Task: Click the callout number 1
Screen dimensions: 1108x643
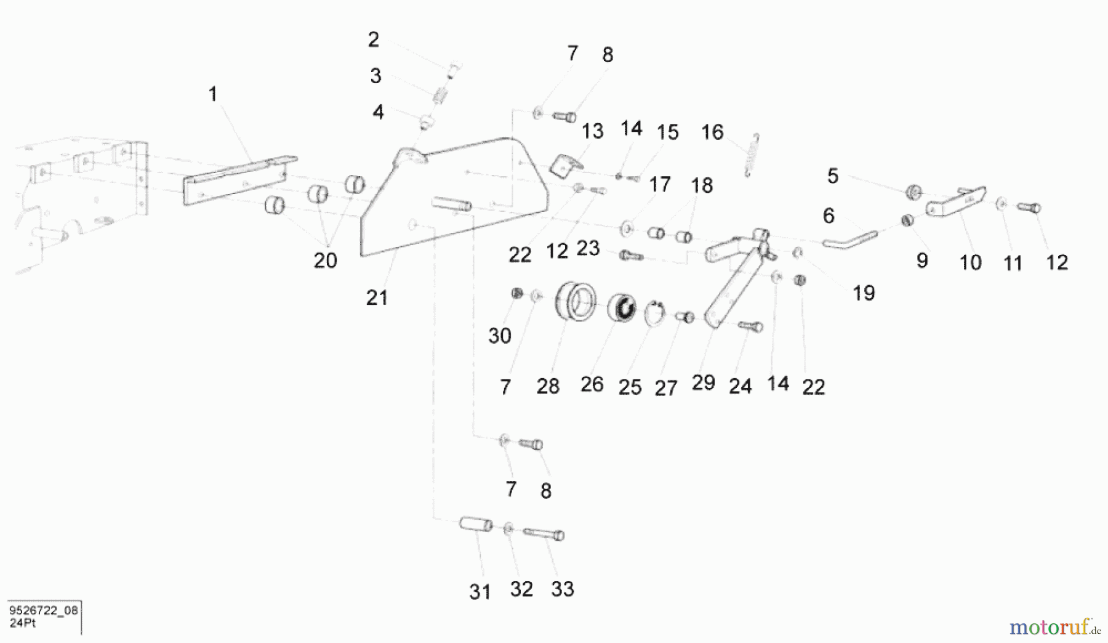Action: (x=213, y=94)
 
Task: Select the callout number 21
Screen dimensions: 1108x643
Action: (x=377, y=297)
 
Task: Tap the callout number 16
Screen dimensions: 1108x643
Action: (x=712, y=132)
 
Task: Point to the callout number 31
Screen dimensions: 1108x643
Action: (x=480, y=591)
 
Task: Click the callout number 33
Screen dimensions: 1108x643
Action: (x=563, y=589)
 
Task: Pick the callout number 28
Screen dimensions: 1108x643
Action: (x=548, y=386)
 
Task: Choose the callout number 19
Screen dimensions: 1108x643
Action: (x=864, y=293)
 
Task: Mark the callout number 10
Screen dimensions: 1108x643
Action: (x=971, y=263)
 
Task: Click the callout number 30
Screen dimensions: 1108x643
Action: (x=500, y=336)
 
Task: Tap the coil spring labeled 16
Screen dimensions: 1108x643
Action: (x=752, y=155)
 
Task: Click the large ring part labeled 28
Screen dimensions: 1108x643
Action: (x=575, y=301)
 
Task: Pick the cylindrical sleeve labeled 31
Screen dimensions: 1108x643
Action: (x=476, y=524)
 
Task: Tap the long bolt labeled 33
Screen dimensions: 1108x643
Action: (x=544, y=533)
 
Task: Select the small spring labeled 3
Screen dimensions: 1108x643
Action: (x=440, y=95)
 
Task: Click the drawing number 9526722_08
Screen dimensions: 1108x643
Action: (x=43, y=610)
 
